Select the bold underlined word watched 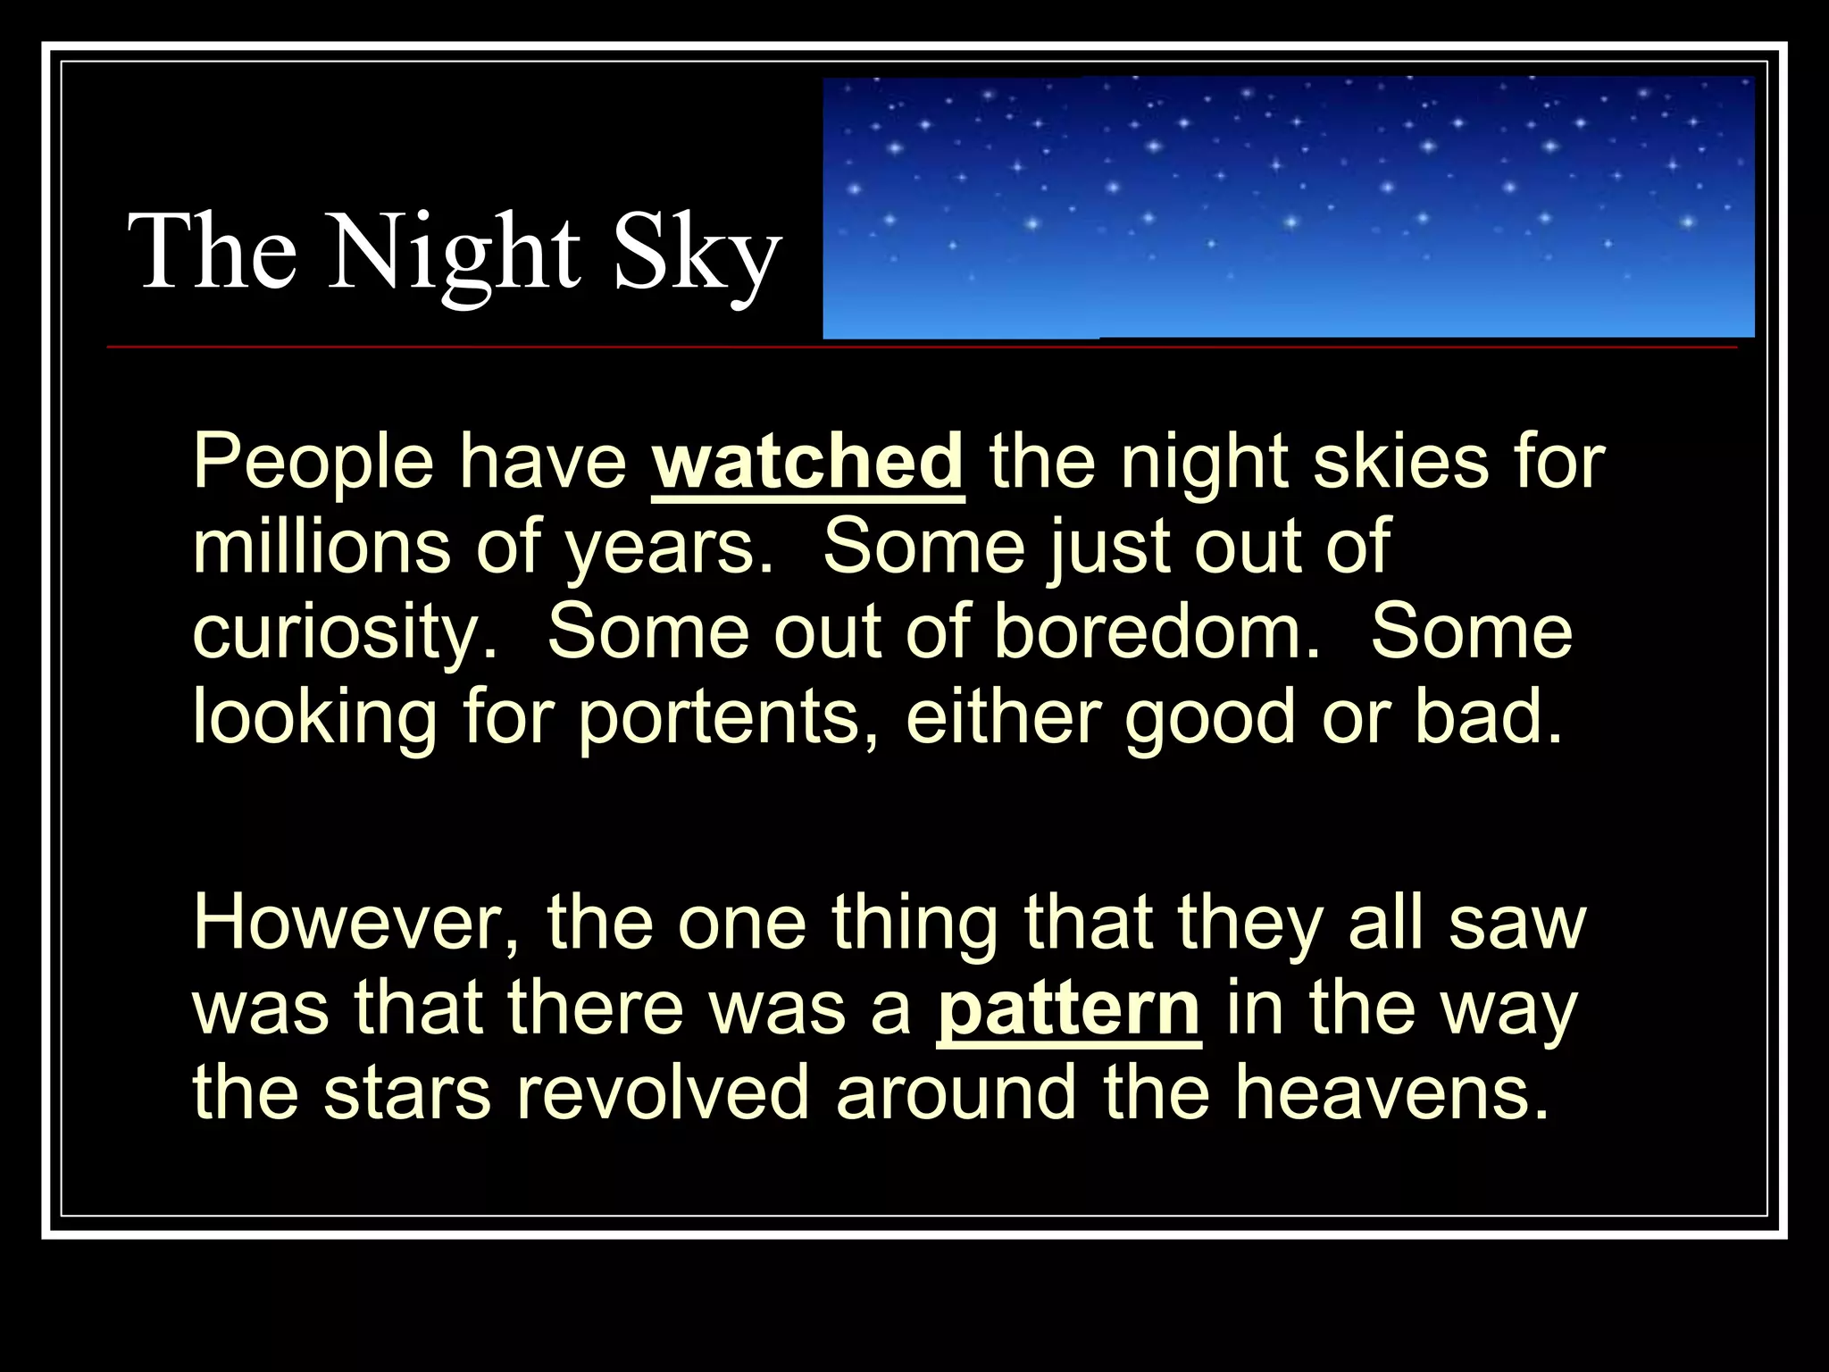(x=808, y=463)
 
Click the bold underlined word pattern (x=1068, y=1009)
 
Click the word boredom (x=1156, y=631)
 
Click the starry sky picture (x=1288, y=207)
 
